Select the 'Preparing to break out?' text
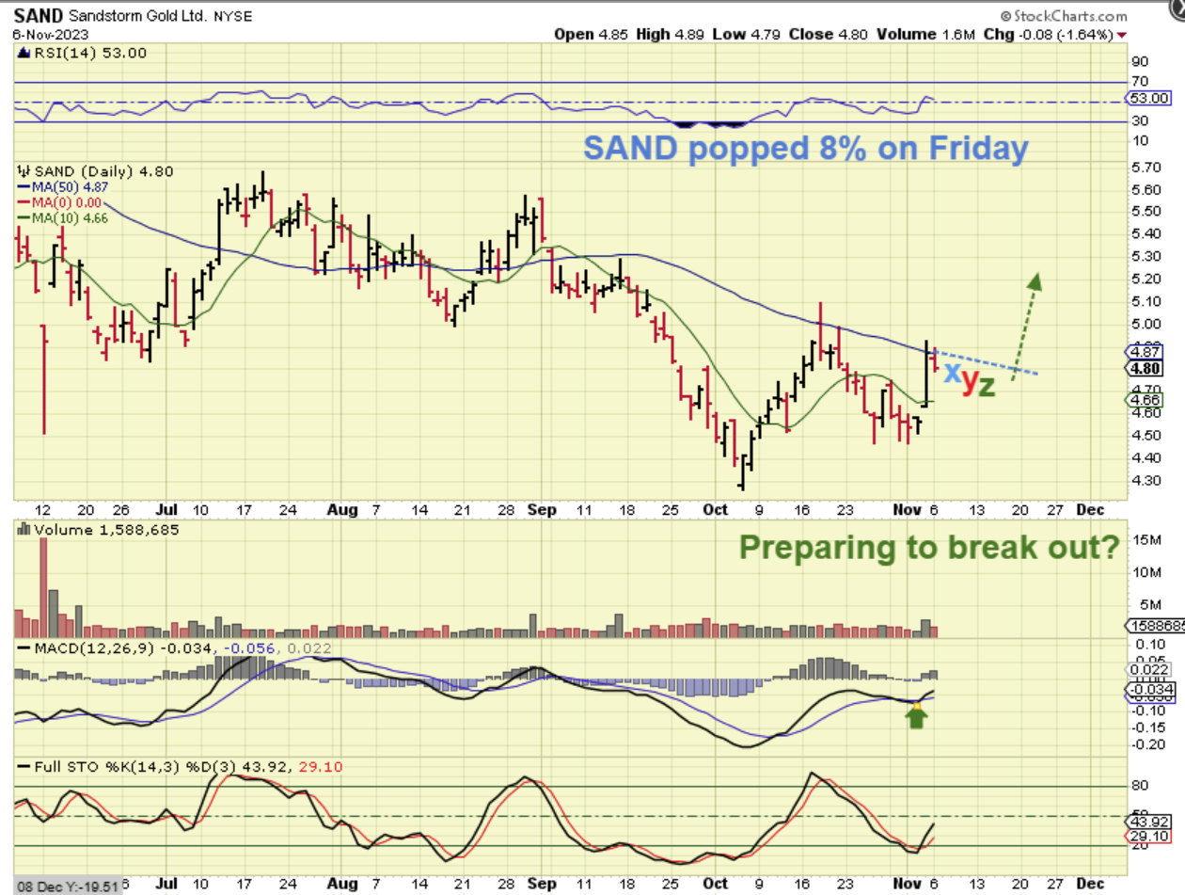click(931, 548)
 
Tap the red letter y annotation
click(969, 381)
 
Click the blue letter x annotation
click(952, 373)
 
